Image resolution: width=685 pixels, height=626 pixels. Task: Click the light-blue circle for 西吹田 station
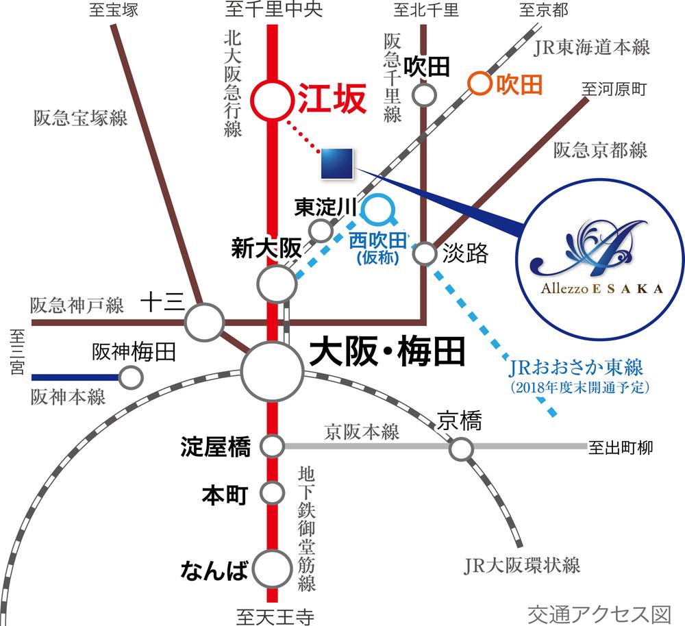378,209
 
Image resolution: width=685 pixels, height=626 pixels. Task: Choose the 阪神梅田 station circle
130,377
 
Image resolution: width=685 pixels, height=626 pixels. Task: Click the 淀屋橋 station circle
273,447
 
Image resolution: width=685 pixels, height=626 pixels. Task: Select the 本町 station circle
273,492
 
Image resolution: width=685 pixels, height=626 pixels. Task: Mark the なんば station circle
273,568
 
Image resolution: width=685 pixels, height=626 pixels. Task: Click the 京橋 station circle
461,449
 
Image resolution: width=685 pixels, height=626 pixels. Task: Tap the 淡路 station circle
425,254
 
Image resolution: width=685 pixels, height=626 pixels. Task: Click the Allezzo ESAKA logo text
601,288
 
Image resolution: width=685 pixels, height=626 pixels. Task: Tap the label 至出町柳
621,449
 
